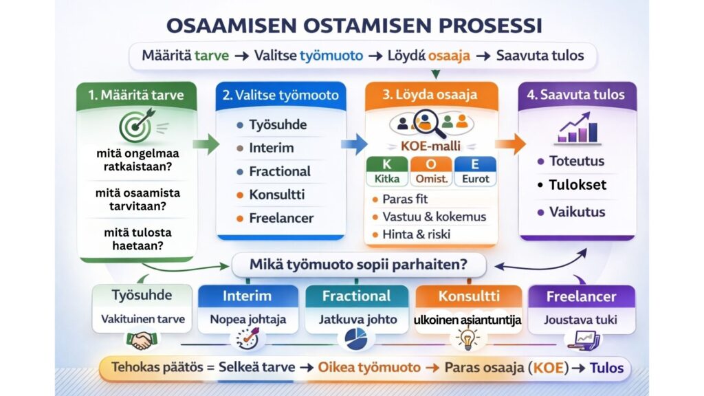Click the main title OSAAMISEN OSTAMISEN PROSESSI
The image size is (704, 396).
tap(353, 25)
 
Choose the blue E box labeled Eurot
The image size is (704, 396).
tap(476, 173)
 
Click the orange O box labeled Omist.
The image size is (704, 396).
tap(430, 173)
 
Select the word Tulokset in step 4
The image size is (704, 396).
tap(577, 186)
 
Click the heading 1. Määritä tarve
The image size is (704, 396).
tap(136, 95)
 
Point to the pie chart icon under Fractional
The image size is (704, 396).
tap(355, 339)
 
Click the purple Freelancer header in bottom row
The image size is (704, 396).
tap(581, 297)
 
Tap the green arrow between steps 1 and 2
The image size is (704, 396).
tap(206, 144)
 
